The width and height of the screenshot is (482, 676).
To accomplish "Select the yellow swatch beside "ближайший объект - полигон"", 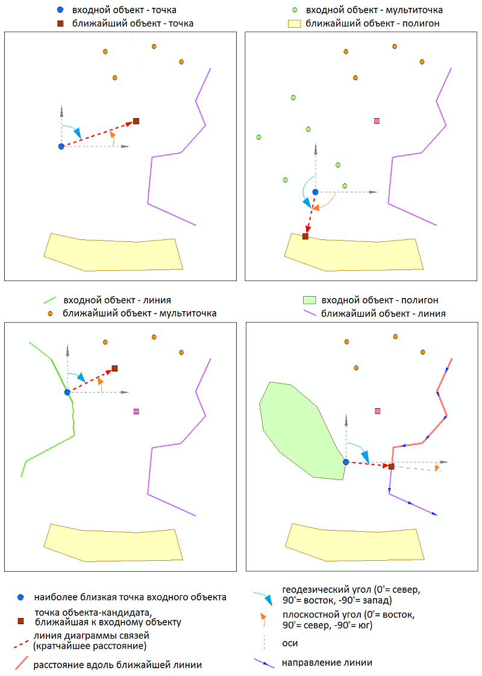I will [294, 24].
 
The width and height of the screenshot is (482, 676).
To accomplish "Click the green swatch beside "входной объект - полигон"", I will [310, 300].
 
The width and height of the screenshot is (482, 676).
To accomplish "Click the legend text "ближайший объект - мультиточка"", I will [139, 314].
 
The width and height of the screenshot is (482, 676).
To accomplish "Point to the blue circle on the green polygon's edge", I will [346, 462].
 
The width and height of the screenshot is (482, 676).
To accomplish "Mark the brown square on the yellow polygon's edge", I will [305, 236].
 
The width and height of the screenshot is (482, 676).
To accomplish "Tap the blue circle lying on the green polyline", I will [67, 392].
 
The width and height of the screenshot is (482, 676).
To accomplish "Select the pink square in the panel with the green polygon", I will [378, 411].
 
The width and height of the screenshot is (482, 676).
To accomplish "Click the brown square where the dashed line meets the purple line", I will [391, 466].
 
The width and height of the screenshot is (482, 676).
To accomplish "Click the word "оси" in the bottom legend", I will [290, 643].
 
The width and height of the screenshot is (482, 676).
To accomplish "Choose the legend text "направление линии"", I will [327, 663].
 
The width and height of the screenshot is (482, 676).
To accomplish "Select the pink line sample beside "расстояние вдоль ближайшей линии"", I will [22, 665].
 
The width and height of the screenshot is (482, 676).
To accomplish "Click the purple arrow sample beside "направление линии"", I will [264, 663].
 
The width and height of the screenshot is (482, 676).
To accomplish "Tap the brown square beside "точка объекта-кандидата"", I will [21, 621].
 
